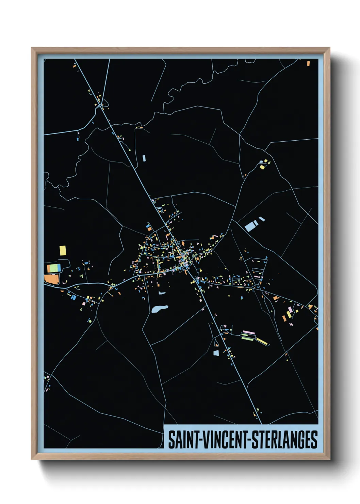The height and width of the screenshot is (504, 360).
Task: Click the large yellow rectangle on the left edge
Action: tap(63, 251)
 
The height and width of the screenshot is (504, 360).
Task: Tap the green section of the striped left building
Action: tap(54, 268)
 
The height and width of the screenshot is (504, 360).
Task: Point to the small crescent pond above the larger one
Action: tap(162, 293)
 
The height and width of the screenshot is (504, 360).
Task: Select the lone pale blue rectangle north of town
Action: tap(144, 158)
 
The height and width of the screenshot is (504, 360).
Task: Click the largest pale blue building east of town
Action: tap(250, 226)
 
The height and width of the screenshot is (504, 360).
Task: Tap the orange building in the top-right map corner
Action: tap(308, 63)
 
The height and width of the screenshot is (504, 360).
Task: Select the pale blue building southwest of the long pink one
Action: tap(216, 352)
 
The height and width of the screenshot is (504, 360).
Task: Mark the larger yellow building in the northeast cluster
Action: tap(262, 167)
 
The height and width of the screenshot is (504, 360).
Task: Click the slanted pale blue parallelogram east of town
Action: tap(262, 219)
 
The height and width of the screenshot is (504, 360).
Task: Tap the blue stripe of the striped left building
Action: tap(59, 268)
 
